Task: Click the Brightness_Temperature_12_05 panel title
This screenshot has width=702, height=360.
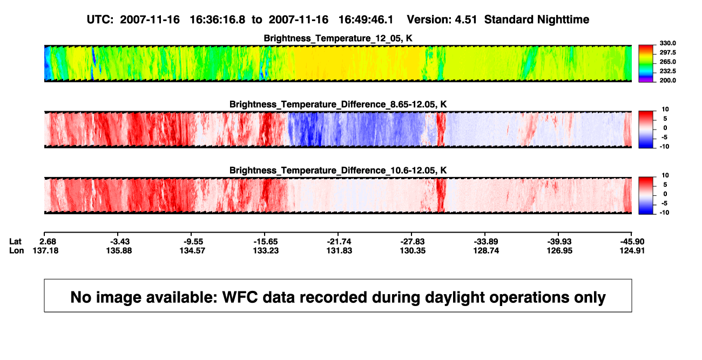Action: point(338,38)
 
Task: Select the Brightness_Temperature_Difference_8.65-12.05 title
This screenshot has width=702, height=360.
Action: point(338,104)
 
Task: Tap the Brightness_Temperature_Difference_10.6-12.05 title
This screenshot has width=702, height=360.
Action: point(338,171)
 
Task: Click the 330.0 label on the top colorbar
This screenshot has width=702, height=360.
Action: point(667,43)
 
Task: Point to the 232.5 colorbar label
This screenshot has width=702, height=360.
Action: point(667,71)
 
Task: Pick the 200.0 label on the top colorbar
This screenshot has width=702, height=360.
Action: point(667,80)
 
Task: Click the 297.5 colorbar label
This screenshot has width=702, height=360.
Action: point(667,53)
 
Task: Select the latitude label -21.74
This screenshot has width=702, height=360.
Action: point(339,242)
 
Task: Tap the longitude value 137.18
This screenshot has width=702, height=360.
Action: point(45,250)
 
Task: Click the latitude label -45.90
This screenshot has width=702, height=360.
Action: point(632,242)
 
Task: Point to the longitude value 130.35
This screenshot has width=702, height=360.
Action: point(413,250)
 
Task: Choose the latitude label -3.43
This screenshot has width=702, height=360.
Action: point(120,242)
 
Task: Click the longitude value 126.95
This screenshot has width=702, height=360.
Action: point(559,250)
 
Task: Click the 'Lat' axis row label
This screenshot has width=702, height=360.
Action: point(15,242)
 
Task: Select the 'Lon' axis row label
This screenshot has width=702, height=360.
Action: point(16,250)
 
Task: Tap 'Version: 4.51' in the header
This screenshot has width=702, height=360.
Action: point(442,19)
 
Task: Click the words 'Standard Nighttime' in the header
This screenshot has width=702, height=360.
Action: point(537,19)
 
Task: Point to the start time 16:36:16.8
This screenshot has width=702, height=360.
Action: point(218,19)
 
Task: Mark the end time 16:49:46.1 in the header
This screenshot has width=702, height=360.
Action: point(366,19)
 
